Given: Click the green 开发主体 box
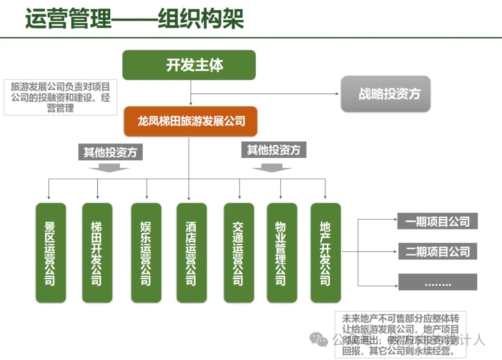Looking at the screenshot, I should (189, 65).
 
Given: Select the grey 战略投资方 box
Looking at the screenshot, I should (386, 94).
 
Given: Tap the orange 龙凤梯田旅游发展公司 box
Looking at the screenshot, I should (191, 122).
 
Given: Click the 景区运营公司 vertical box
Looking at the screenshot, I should (51, 252).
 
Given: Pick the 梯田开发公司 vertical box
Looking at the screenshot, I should (97, 252).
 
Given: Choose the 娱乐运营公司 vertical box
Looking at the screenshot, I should (146, 252).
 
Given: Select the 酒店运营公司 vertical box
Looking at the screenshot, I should (192, 252).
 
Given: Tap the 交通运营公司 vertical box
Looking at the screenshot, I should (239, 252).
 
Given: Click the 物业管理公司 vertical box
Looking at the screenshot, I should (281, 252).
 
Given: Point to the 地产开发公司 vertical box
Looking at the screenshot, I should (325, 252).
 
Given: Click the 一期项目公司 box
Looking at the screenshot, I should (437, 222).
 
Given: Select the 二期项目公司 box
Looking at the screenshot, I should (437, 252).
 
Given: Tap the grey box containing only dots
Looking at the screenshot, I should (437, 282).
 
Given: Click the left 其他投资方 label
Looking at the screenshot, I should (110, 152).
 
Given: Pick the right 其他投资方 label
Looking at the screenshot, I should (274, 150).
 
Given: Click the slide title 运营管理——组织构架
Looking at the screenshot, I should (134, 20).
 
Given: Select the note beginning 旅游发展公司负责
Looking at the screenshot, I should (60, 98).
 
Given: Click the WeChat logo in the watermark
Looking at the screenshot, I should (319, 340).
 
